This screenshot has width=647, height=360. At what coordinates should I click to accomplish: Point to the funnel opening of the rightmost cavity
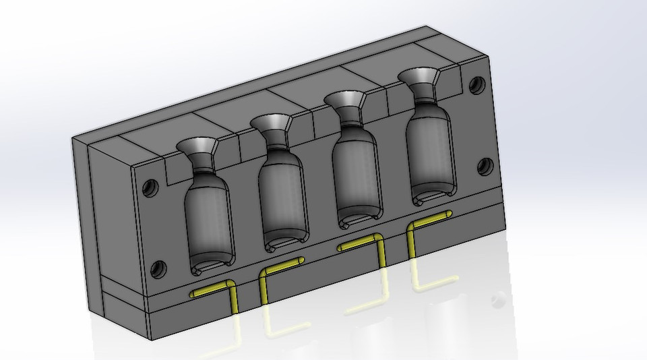422,78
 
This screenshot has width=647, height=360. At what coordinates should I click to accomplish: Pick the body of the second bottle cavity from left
283,196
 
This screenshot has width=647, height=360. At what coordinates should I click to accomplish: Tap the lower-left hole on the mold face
158,269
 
